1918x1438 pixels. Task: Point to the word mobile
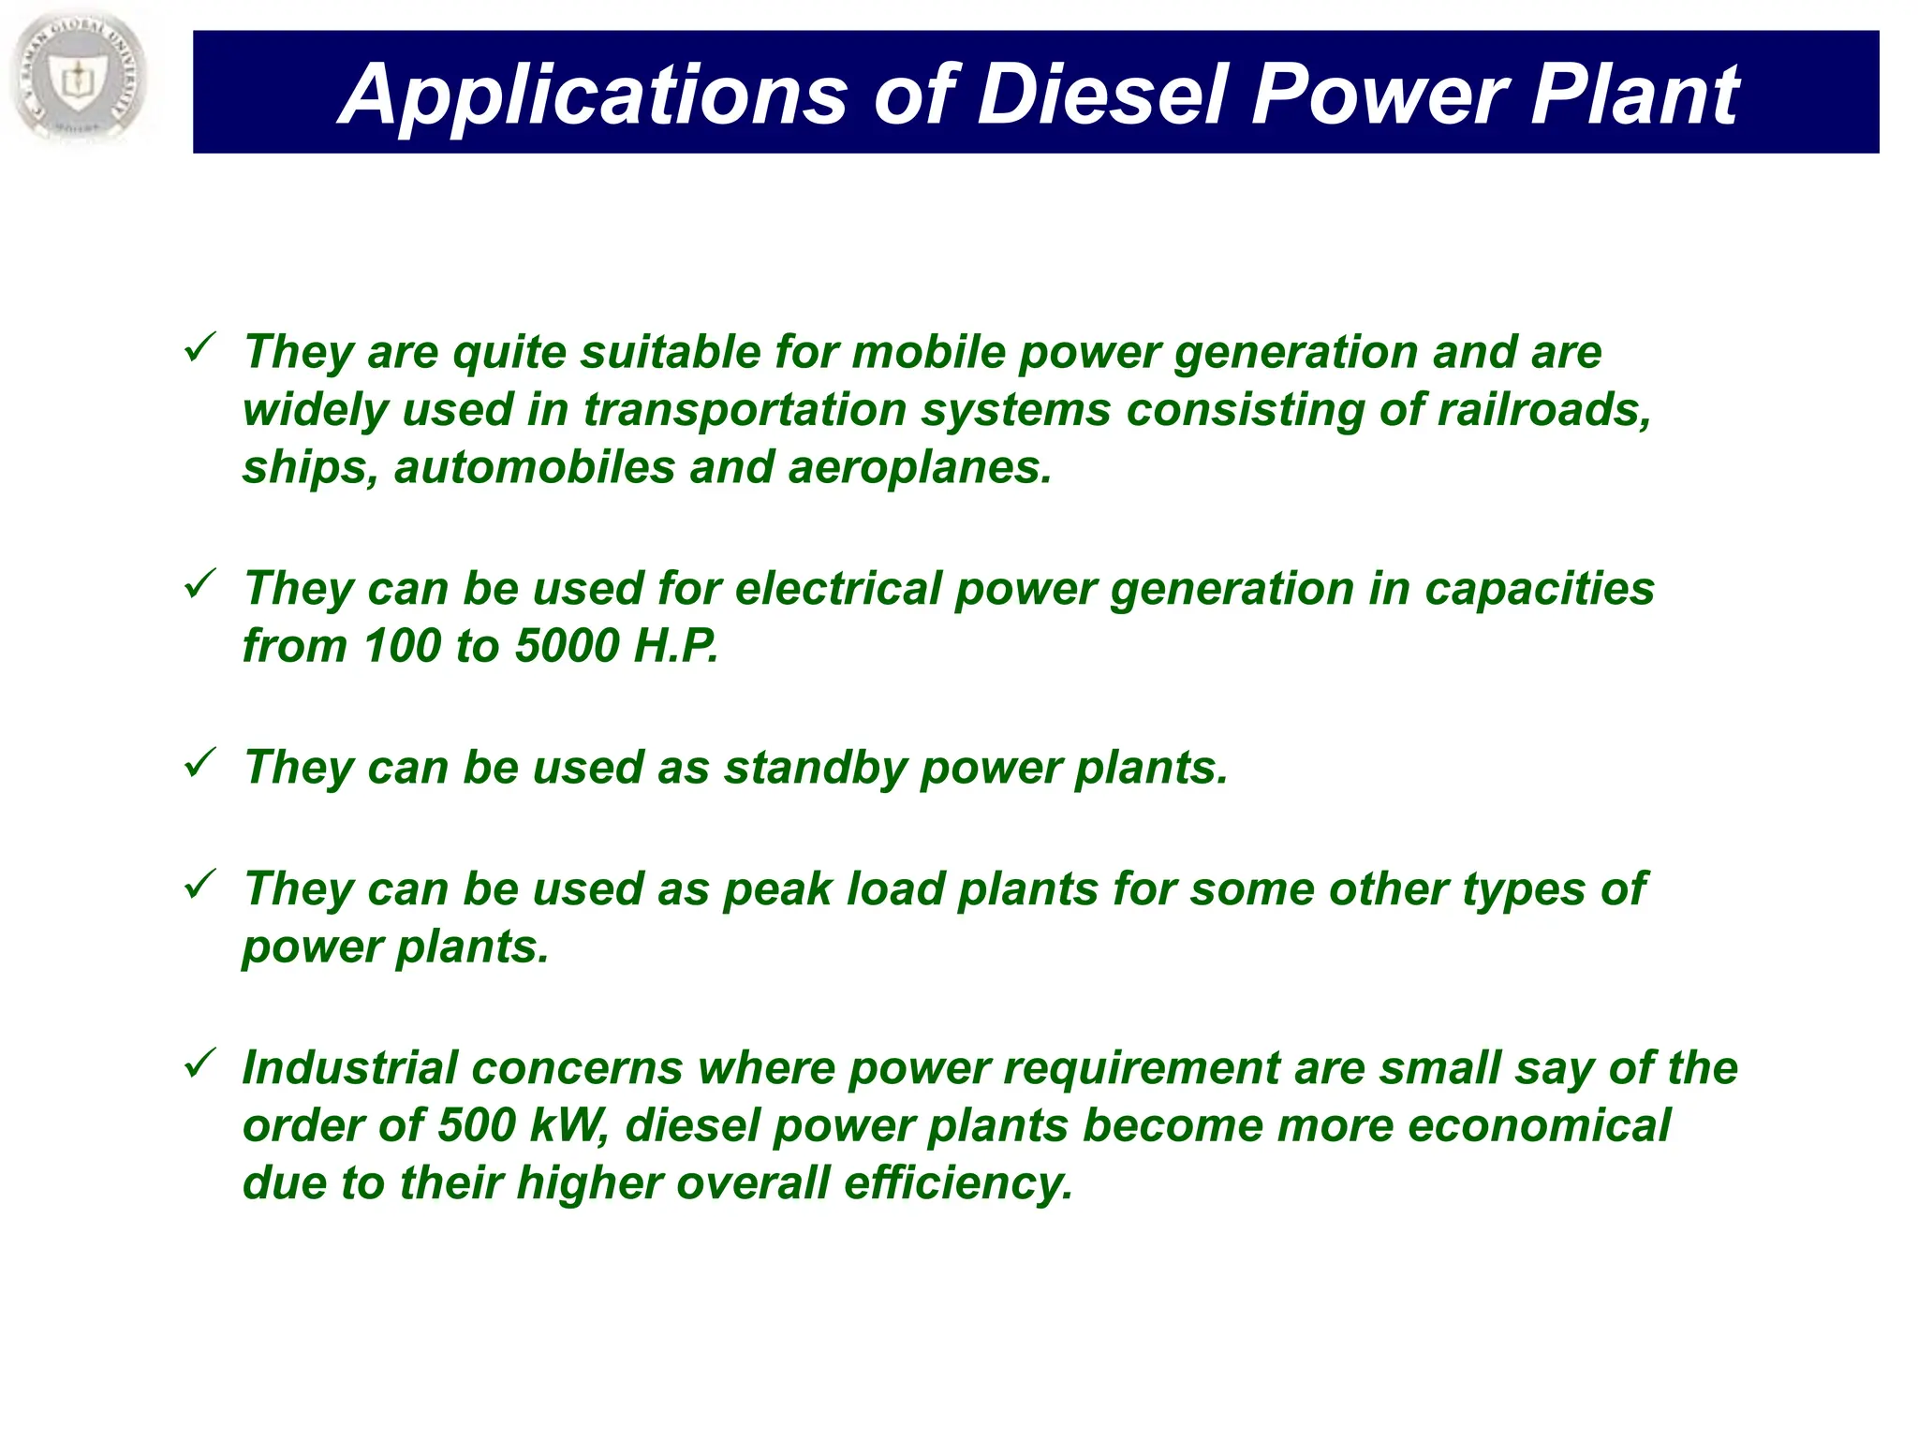click(x=927, y=352)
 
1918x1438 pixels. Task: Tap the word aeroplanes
click(x=920, y=468)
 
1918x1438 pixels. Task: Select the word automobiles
click(x=534, y=467)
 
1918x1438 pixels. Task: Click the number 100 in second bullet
click(x=402, y=646)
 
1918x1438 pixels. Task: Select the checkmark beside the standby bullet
click(x=200, y=763)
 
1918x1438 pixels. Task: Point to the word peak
click(x=777, y=889)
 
